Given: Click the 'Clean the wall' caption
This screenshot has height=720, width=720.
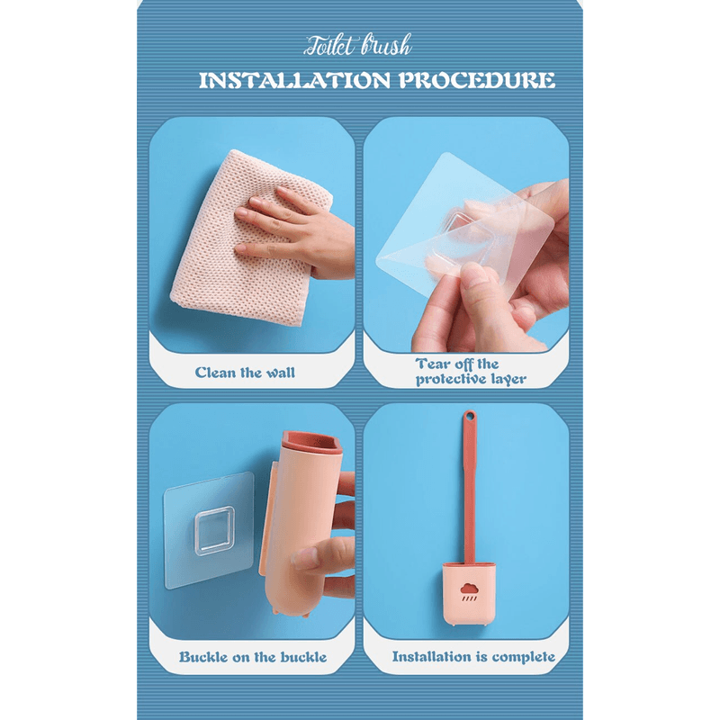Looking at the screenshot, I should pos(245,372).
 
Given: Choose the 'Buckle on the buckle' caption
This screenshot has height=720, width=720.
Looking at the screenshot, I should pos(252,656).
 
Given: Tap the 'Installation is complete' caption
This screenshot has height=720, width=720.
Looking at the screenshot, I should pos(473,656).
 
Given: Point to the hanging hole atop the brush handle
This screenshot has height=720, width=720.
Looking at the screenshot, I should pos(469,417).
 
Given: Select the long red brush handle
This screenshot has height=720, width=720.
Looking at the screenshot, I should pos(469,486).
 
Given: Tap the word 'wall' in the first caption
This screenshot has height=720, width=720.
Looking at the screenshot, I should pos(278,372).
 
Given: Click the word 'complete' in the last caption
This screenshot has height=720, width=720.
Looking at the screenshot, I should pos(521,656).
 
